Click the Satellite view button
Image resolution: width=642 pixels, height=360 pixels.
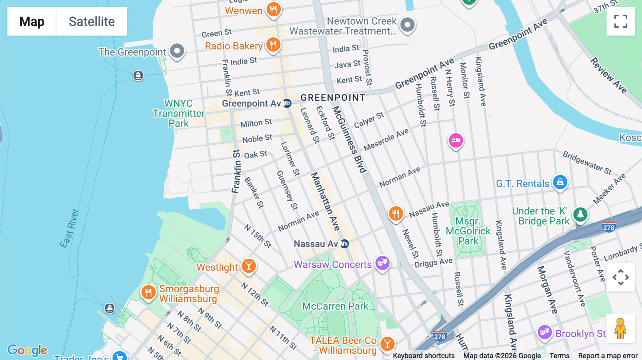click(x=92, y=21)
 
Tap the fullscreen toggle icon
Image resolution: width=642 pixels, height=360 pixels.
click(x=621, y=21)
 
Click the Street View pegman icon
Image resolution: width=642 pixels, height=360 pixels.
click(x=621, y=329)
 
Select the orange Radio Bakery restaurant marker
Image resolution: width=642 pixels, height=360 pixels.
click(x=273, y=45)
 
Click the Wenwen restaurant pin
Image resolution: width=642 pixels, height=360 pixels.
click(x=274, y=10)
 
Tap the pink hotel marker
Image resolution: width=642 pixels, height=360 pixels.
click(x=455, y=140)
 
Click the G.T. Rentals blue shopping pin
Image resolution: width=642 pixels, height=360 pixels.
click(x=560, y=182)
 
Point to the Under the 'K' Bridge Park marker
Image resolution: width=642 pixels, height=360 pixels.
click(x=580, y=214)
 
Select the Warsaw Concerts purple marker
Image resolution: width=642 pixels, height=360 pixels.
click(x=382, y=263)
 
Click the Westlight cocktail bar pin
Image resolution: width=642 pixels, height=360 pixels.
click(x=249, y=266)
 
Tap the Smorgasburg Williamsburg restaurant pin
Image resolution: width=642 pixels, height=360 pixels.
click(x=148, y=293)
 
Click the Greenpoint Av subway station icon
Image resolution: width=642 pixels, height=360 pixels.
click(x=287, y=103)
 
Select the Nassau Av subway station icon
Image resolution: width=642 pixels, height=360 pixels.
click(x=345, y=244)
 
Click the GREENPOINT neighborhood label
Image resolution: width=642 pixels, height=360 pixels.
click(x=333, y=98)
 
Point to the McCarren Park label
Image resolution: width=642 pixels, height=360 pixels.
click(x=335, y=306)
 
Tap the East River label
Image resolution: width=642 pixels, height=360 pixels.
click(x=69, y=228)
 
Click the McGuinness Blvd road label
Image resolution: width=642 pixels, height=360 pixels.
click(x=350, y=139)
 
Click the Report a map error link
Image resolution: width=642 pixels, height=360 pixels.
click(x=607, y=355)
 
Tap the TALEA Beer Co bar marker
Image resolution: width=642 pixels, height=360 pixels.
click(x=387, y=344)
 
